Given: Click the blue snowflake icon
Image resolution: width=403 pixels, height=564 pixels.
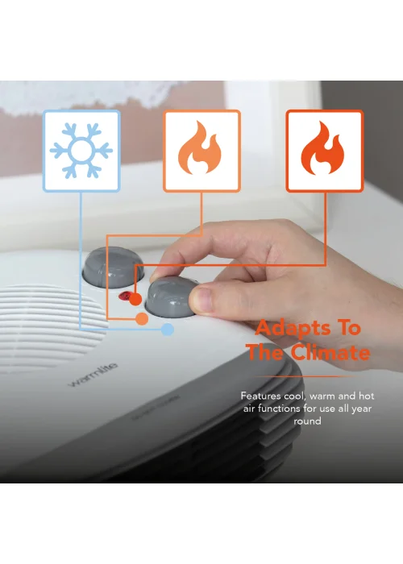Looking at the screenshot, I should tap(81, 151).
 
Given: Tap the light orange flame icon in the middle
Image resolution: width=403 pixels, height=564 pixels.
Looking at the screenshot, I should tap(201, 151).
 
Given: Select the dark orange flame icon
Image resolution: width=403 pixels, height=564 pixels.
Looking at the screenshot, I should tap(324, 151).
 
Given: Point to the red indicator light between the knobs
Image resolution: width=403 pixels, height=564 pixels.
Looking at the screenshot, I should tap(126, 297).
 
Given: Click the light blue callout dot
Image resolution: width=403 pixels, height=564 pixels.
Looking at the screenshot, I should tap(168, 329).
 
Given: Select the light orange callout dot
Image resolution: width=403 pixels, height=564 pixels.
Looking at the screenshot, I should tap(142, 320).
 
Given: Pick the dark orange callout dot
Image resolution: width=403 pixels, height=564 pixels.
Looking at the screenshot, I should tap(135, 301).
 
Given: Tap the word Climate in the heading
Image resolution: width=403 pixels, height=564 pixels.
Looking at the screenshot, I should tap(331, 353).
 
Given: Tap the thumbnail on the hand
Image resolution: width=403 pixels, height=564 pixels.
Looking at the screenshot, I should tap(206, 301).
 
